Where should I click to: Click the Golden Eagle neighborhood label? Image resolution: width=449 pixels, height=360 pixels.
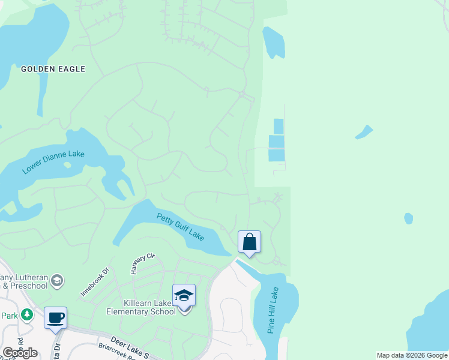pyautogui.click(x=53, y=69)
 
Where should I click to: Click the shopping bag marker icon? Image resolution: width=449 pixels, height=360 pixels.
pyautogui.click(x=249, y=242)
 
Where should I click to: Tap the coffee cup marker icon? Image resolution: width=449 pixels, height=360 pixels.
pyautogui.click(x=55, y=317)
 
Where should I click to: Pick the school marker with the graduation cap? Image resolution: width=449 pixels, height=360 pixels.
pyautogui.click(x=184, y=296)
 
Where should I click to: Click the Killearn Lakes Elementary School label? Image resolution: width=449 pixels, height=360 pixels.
pyautogui.click(x=142, y=307)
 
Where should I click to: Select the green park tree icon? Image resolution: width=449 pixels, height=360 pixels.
pyautogui.click(x=26, y=314)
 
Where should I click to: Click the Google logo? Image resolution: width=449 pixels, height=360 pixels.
pyautogui.click(x=19, y=353)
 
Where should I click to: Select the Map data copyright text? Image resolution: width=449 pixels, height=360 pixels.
pyautogui.click(x=412, y=355)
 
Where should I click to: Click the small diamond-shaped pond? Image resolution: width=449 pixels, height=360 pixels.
pyautogui.click(x=364, y=131)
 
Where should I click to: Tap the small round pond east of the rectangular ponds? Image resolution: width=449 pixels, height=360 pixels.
pyautogui.click(x=409, y=218)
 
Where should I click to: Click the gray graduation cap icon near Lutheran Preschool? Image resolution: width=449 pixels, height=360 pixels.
pyautogui.click(x=57, y=280)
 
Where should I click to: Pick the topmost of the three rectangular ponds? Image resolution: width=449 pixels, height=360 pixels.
pyautogui.click(x=279, y=126)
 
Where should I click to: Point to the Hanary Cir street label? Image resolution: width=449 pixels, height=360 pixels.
pyautogui.click(x=143, y=264)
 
